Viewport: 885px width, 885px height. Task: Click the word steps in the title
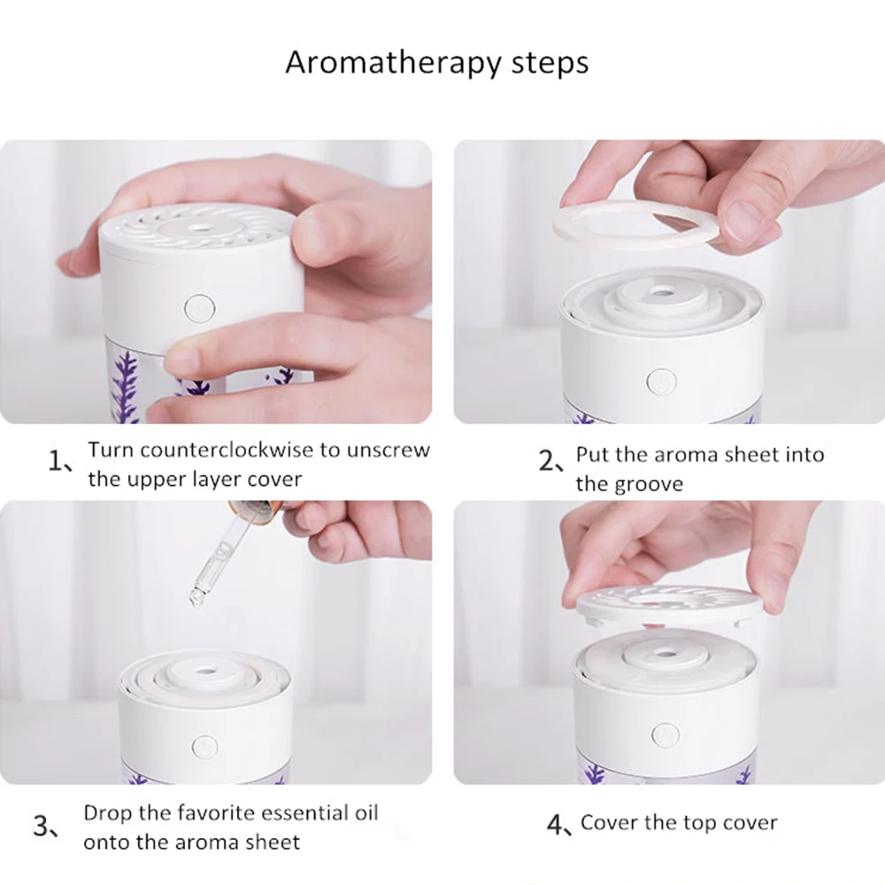click(550, 63)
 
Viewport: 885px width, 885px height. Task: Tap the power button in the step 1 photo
click(200, 308)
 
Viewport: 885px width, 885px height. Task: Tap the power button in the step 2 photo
click(661, 381)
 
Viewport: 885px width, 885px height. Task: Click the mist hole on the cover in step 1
click(198, 227)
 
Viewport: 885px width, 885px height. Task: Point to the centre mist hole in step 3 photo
click(205, 673)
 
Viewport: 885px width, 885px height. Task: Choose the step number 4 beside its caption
click(556, 825)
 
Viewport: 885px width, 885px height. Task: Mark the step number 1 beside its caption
click(54, 461)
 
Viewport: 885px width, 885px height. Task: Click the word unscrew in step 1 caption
click(389, 450)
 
